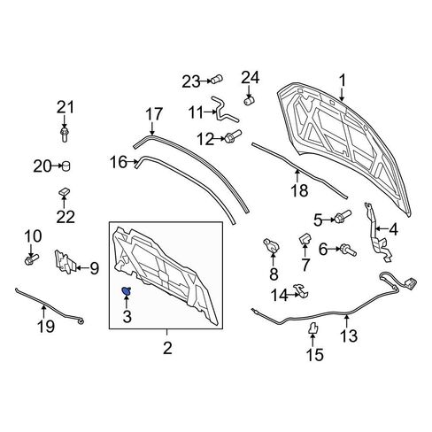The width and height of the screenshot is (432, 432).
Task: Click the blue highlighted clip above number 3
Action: pyautogui.click(x=127, y=291)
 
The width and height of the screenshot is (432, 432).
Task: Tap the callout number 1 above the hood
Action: pyautogui.click(x=342, y=81)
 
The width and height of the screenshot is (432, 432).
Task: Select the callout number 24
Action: pyautogui.click(x=251, y=78)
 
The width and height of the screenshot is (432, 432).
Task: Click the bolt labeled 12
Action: pyautogui.click(x=233, y=136)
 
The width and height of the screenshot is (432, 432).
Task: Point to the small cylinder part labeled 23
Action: pyautogui.click(x=217, y=80)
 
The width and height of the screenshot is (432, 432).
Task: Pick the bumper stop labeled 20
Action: pyautogui.click(x=66, y=166)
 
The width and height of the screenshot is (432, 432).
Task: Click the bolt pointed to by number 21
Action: pyautogui.click(x=65, y=135)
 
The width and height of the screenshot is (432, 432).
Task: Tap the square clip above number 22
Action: pyautogui.click(x=64, y=192)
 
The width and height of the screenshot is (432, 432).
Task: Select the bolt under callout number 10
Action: pyautogui.click(x=32, y=259)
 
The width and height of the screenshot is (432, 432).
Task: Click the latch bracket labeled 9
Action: pyautogui.click(x=65, y=262)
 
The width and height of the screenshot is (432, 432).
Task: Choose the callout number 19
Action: pyautogui.click(x=46, y=327)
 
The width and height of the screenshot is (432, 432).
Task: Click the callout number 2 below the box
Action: pyautogui.click(x=167, y=348)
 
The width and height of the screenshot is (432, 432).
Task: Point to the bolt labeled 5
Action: pyautogui.click(x=342, y=216)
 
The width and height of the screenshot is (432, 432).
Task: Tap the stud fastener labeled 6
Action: pyautogui.click(x=348, y=251)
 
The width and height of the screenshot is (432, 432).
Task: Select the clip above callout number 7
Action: pyautogui.click(x=305, y=238)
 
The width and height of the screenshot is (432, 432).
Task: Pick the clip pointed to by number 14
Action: pyautogui.click(x=301, y=290)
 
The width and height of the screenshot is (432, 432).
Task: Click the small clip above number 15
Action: pyautogui.click(x=312, y=328)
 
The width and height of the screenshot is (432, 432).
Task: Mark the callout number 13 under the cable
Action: pyautogui.click(x=349, y=336)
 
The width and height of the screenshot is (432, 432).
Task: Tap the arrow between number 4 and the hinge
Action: pyautogui.click(x=382, y=228)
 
